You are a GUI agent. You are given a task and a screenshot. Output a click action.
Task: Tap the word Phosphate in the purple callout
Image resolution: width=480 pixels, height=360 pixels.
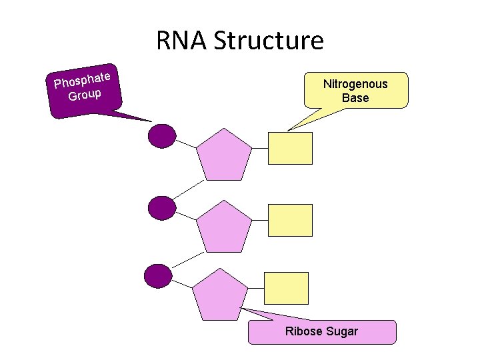point(82,79)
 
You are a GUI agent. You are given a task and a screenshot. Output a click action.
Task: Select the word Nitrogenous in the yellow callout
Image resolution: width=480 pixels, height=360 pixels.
point(355,84)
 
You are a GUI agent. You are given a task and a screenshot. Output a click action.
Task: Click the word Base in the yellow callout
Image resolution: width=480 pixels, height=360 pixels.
point(355,98)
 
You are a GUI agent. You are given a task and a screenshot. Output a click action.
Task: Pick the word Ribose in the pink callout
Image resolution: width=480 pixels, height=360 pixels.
point(305,331)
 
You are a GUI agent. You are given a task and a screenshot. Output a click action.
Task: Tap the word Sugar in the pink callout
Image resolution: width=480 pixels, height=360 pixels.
point(343,331)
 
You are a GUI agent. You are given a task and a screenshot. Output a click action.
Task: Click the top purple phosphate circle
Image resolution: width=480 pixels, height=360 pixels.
point(161,135)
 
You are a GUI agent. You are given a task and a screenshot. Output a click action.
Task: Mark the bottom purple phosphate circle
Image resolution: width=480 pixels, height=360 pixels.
point(158,276)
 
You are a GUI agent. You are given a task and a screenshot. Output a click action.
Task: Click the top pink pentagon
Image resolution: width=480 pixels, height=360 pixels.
point(225,155)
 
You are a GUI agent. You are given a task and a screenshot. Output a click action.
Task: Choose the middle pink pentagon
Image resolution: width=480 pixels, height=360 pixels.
point(225,227)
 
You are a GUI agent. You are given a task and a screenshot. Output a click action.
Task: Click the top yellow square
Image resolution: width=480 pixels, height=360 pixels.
point(290,148)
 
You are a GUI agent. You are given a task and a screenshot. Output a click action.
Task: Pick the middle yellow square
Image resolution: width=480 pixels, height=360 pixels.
point(290,220)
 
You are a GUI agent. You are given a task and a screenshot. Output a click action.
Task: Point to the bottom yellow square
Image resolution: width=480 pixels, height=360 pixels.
point(287,288)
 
